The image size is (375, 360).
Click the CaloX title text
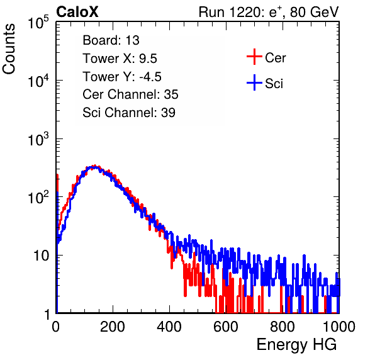(77, 12)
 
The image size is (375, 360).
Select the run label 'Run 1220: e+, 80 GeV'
(269, 12)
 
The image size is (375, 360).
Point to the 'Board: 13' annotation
(111, 40)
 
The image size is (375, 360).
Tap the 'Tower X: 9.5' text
(120, 59)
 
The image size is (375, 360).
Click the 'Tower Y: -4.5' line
(122, 77)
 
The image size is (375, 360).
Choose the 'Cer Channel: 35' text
(130, 94)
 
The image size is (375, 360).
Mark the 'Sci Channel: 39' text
(129, 113)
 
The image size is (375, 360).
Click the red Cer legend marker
(254, 57)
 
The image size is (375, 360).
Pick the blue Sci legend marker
(254, 82)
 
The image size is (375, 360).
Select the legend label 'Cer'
(275, 58)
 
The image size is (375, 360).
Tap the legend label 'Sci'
(274, 84)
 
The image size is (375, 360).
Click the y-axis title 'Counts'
(9, 49)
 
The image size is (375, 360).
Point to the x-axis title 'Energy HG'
(296, 344)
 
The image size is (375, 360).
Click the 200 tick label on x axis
(113, 327)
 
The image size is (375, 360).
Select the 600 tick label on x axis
(226, 327)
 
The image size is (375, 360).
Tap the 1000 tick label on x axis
(339, 327)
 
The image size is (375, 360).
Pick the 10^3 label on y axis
(38, 139)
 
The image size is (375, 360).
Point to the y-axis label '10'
(41, 256)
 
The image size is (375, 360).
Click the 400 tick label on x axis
(169, 327)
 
